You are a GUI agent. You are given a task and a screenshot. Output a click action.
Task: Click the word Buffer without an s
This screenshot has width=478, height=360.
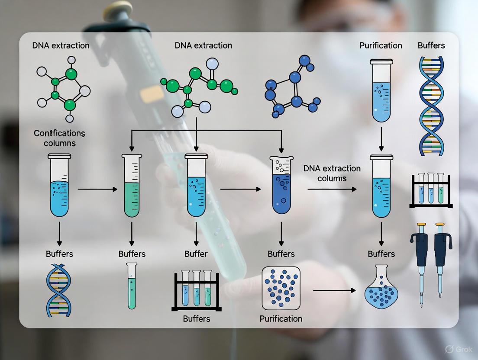pyautogui.click(x=196, y=254)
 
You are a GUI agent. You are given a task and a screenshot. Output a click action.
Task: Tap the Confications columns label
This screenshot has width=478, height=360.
pyautogui.click(x=60, y=138)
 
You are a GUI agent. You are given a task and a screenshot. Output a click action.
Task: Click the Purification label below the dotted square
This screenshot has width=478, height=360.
pyautogui.click(x=281, y=319)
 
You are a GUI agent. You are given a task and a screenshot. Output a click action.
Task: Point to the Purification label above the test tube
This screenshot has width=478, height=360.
pyautogui.click(x=381, y=45)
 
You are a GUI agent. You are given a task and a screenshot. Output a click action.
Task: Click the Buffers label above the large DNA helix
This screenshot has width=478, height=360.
pyautogui.click(x=431, y=45)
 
